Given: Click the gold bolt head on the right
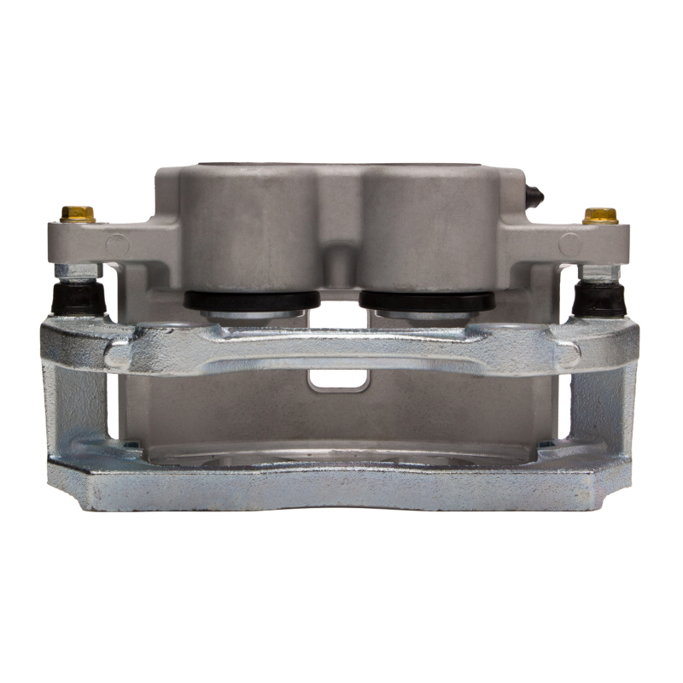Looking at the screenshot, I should [600, 215].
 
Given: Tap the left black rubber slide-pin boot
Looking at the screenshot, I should [79, 298].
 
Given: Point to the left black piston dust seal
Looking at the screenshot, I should [251, 300].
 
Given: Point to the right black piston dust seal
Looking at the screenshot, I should [426, 301].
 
